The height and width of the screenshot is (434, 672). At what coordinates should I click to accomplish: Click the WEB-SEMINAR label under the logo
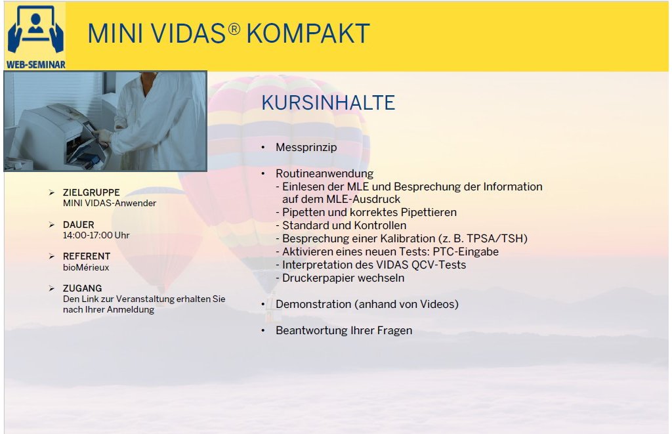point(35,65)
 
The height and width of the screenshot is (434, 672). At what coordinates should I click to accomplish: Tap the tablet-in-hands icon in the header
point(35,30)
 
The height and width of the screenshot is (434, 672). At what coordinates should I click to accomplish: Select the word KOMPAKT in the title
point(308,33)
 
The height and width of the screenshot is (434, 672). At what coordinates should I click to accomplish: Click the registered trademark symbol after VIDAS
point(234,29)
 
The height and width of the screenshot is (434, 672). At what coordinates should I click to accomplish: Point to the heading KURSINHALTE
point(328,103)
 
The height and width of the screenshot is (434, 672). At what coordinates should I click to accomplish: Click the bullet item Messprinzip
point(306,147)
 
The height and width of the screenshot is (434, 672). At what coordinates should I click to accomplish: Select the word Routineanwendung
point(324,173)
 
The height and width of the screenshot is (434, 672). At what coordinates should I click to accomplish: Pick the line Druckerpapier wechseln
point(343,278)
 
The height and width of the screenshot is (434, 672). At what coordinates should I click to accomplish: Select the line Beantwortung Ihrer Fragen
point(344,331)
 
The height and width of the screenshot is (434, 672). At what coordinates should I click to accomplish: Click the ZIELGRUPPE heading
point(91,192)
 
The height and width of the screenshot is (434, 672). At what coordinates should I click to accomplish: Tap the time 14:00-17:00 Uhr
point(96,235)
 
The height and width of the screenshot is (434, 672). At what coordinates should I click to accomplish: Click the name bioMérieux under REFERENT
point(86,267)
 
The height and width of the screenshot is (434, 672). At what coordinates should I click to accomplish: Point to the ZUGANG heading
point(82,288)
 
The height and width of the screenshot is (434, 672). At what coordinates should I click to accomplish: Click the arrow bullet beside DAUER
point(52,225)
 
